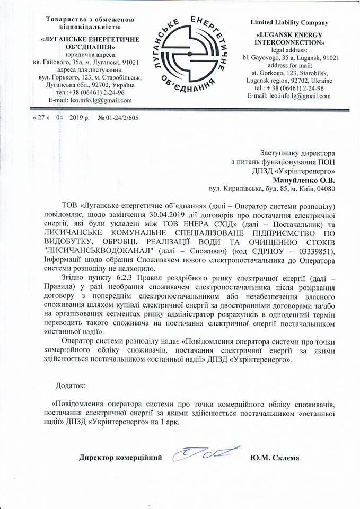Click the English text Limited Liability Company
tap(289, 23)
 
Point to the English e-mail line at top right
tap(289, 96)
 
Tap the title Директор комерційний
tap(121, 456)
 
